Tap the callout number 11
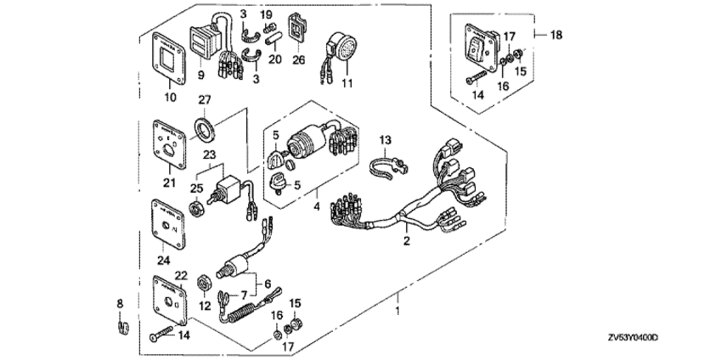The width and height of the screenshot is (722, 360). pos(346,83)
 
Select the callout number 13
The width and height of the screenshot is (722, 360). pos(384,139)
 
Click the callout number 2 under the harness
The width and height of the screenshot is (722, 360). pos(406,242)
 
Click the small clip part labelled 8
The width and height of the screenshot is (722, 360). pos(121,326)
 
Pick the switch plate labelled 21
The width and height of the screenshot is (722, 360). pos(169,147)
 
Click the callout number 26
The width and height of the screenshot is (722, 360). pos(298,60)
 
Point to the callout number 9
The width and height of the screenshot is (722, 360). pos(201,75)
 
